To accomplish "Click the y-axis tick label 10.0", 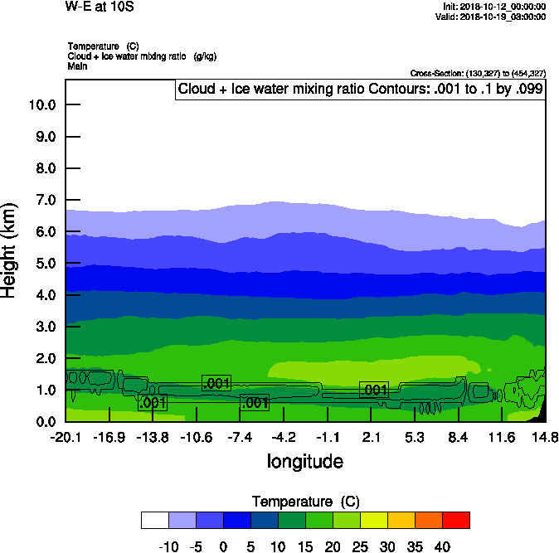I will (x=41, y=105).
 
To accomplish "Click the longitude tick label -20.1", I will (x=66, y=437).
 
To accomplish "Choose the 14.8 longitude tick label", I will (x=545, y=437).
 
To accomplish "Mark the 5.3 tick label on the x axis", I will (x=415, y=437).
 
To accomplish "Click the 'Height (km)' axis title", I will (x=10, y=249).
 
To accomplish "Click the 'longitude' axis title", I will (x=304, y=461).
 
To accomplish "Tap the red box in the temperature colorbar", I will (x=455, y=520).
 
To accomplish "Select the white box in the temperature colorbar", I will (x=154, y=520).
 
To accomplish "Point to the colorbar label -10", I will (x=168, y=546).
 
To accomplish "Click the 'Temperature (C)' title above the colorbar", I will (x=304, y=502).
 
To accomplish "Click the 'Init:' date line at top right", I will (x=494, y=7).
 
